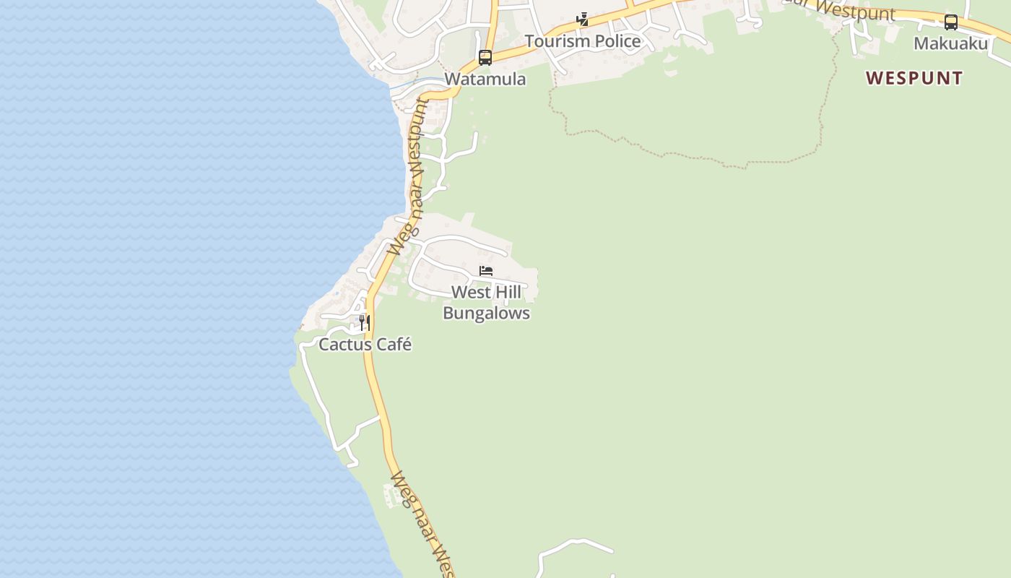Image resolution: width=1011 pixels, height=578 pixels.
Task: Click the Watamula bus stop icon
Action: click(485, 57)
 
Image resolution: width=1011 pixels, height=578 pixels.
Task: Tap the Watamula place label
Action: click(485, 79)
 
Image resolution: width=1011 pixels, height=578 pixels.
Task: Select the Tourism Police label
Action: click(582, 41)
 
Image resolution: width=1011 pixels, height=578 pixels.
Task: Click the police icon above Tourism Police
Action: click(582, 20)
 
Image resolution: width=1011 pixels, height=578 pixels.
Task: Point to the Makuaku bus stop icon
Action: click(951, 22)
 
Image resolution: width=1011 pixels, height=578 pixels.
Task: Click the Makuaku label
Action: click(950, 43)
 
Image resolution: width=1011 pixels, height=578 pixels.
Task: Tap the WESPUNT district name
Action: click(914, 78)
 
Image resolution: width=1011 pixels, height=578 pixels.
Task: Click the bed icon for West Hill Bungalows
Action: click(486, 271)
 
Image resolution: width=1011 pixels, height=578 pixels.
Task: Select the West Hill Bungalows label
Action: click(486, 303)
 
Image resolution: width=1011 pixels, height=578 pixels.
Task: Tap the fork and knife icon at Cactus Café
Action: click(365, 322)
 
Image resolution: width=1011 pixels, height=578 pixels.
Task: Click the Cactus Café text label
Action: click(365, 345)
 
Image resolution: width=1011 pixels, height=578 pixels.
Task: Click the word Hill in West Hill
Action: click(506, 293)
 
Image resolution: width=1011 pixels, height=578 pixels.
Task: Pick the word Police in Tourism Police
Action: click(615, 41)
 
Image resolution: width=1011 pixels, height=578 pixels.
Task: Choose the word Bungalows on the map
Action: click(486, 314)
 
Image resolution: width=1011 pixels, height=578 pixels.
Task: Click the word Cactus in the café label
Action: click(343, 345)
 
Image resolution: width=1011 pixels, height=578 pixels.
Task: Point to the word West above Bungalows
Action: click(471, 293)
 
